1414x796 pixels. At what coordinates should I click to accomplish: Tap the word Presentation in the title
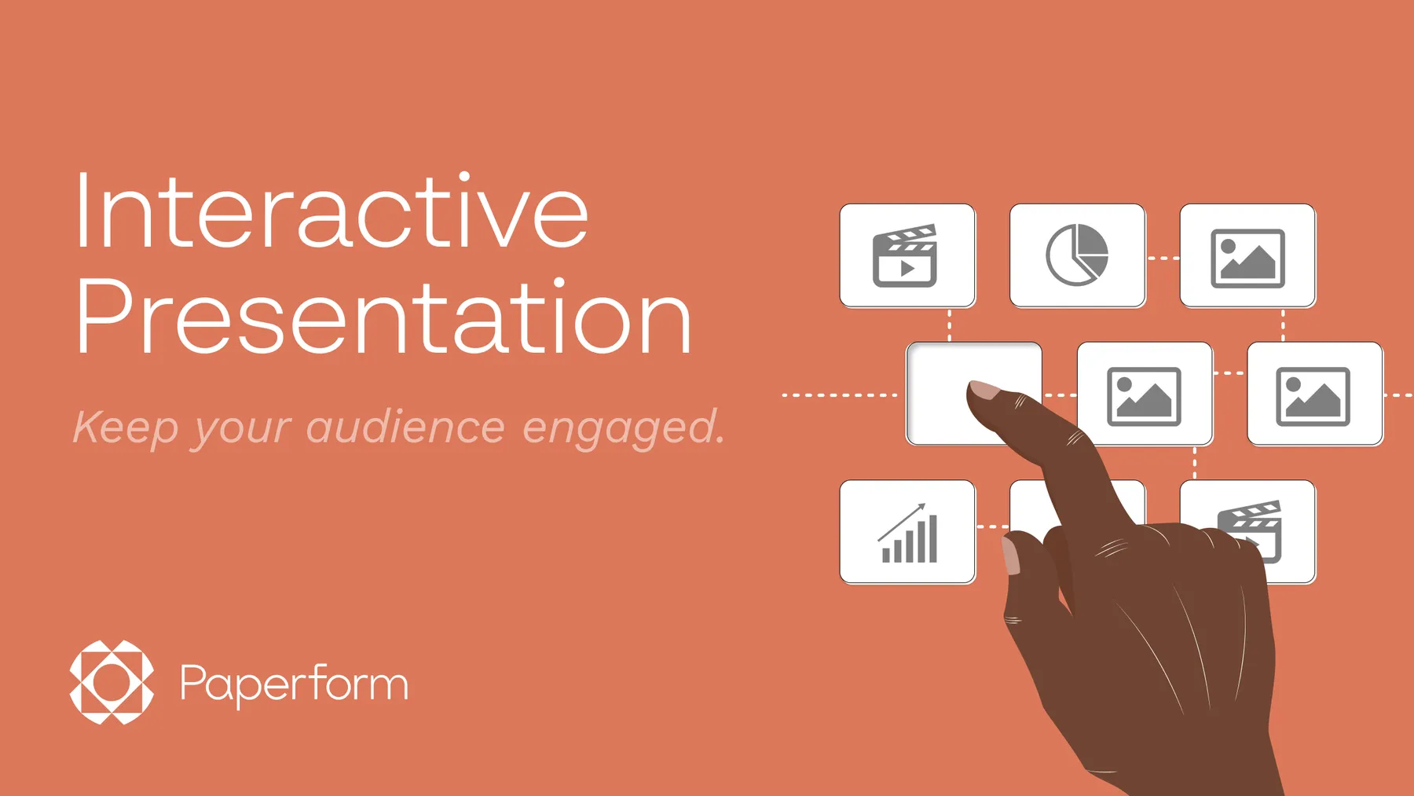point(383,318)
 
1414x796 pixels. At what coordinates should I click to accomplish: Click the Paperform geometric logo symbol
point(112,682)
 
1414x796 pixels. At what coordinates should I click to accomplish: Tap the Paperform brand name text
point(294,684)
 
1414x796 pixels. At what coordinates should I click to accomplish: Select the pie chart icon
point(1077,255)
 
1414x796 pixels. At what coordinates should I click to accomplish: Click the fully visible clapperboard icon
point(906,256)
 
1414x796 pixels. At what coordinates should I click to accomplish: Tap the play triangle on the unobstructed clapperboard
point(907,269)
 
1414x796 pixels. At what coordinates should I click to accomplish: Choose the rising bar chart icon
point(908,534)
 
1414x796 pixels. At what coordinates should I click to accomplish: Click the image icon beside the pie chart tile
point(1247,258)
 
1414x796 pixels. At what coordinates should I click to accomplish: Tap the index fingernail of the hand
point(984,389)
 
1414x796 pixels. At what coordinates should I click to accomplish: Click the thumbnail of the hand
point(1011,555)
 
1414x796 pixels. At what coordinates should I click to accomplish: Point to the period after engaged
point(720,442)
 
